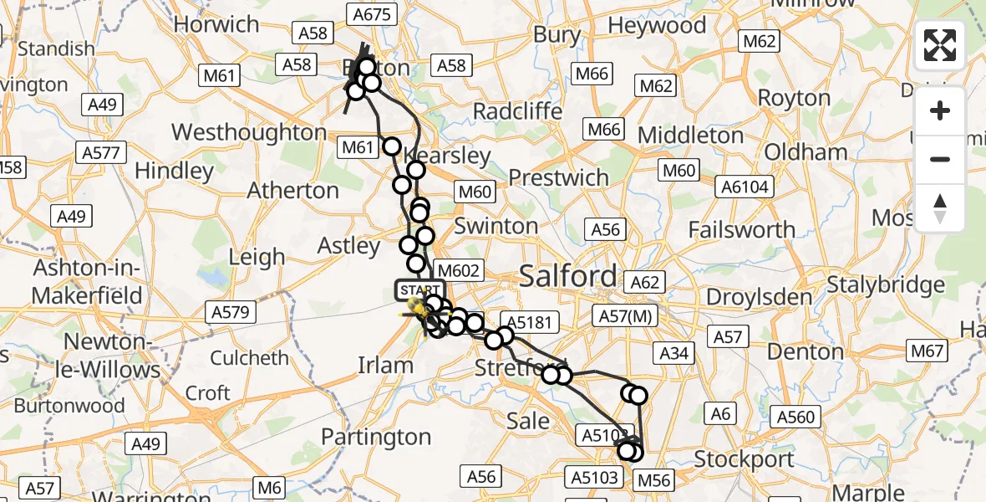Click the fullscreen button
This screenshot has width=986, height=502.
(940, 45)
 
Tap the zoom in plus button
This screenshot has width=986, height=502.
(940, 111)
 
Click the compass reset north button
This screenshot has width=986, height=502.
(940, 208)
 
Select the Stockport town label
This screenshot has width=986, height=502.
(744, 459)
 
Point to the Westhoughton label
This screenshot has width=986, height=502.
(249, 132)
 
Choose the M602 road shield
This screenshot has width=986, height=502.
(459, 270)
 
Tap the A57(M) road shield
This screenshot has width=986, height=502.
(626, 315)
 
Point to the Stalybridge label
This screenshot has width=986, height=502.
(886, 285)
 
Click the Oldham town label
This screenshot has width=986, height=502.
(806, 152)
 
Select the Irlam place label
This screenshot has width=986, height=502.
(385, 365)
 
